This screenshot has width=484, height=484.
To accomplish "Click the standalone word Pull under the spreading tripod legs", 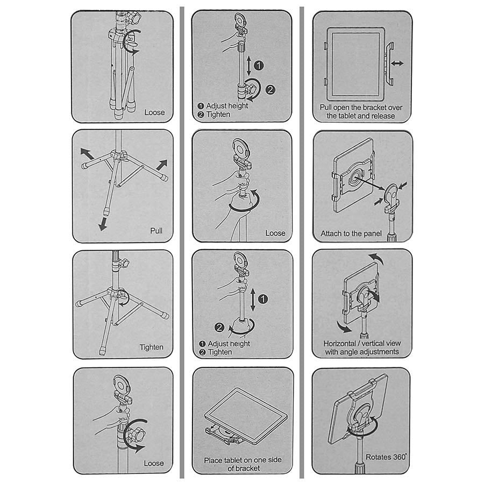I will pyautogui.click(x=156, y=231).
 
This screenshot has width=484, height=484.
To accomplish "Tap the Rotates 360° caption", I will pyautogui.click(x=386, y=457).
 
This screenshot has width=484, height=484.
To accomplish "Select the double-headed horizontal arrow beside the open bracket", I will pyautogui.click(x=397, y=63).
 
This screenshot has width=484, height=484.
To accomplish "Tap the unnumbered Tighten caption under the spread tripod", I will pyautogui.click(x=151, y=347).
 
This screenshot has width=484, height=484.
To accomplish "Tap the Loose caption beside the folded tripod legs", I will pyautogui.click(x=154, y=112).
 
